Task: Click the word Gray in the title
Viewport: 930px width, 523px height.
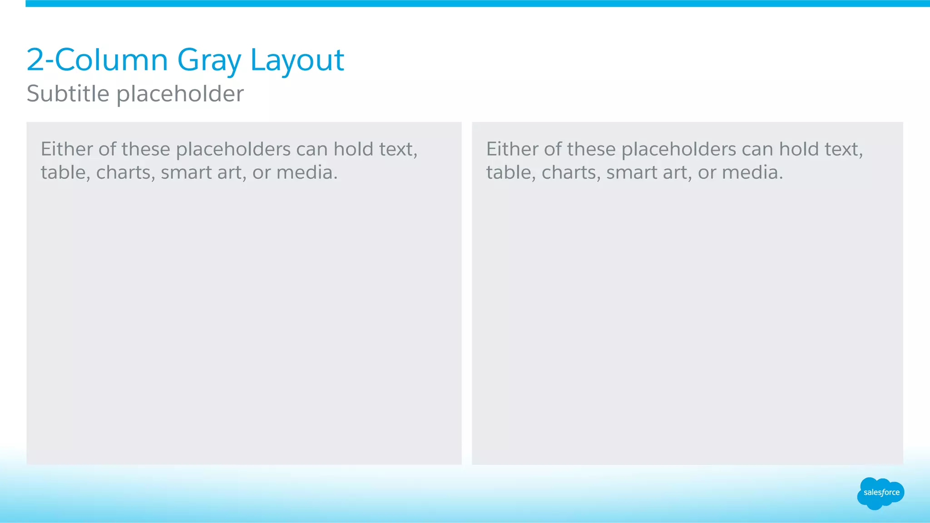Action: pos(209,61)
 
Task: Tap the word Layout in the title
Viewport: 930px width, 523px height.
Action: pos(297,60)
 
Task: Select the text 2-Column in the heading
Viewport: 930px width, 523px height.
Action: pos(97,60)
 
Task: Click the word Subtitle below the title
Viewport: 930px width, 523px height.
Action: pos(68,93)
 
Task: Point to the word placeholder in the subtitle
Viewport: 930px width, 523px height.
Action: pos(180,94)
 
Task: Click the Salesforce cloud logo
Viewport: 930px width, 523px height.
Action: pos(881,493)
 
